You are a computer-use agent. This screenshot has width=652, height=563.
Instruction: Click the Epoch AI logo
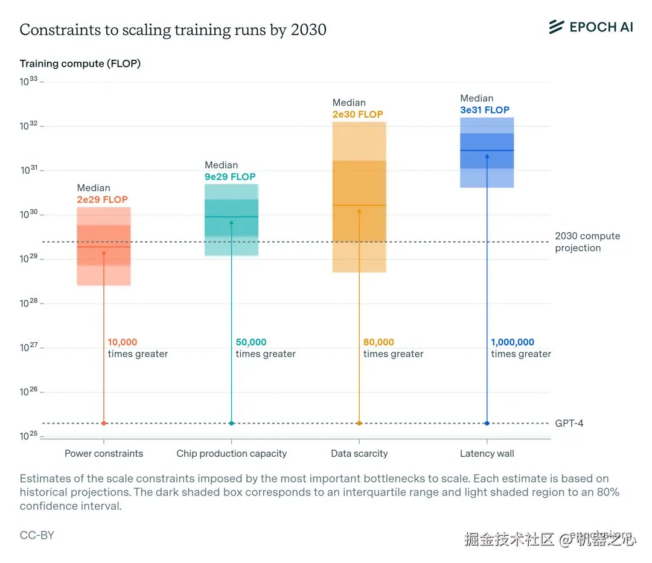tap(590, 27)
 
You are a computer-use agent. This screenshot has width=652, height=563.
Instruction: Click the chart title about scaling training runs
tap(173, 30)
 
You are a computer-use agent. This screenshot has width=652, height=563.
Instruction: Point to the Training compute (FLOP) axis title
tap(80, 63)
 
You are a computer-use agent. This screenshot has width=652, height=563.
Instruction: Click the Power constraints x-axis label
tap(104, 454)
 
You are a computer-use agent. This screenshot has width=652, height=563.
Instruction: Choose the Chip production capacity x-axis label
tap(231, 454)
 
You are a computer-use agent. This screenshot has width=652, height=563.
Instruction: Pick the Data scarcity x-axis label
tap(359, 454)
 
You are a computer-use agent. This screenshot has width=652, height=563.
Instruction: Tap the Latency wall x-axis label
tap(487, 454)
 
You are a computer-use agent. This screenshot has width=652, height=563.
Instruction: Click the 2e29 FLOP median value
tap(102, 200)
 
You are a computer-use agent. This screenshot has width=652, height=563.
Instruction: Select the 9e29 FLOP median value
tap(230, 177)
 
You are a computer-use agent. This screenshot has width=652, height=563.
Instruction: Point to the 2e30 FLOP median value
tap(357, 114)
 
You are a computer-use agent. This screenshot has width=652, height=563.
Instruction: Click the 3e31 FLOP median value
tap(485, 110)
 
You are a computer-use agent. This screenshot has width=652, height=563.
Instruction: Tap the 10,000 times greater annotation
tap(138, 348)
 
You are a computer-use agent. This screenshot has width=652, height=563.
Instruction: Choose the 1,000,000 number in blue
tap(513, 342)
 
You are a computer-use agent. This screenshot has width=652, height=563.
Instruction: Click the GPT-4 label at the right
tap(569, 423)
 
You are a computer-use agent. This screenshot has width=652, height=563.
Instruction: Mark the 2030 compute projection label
tap(587, 242)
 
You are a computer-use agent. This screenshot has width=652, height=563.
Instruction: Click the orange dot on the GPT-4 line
tap(359, 423)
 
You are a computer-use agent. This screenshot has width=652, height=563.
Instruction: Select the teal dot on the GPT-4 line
tap(231, 423)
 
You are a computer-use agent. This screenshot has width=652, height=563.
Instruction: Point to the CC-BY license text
tap(37, 535)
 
